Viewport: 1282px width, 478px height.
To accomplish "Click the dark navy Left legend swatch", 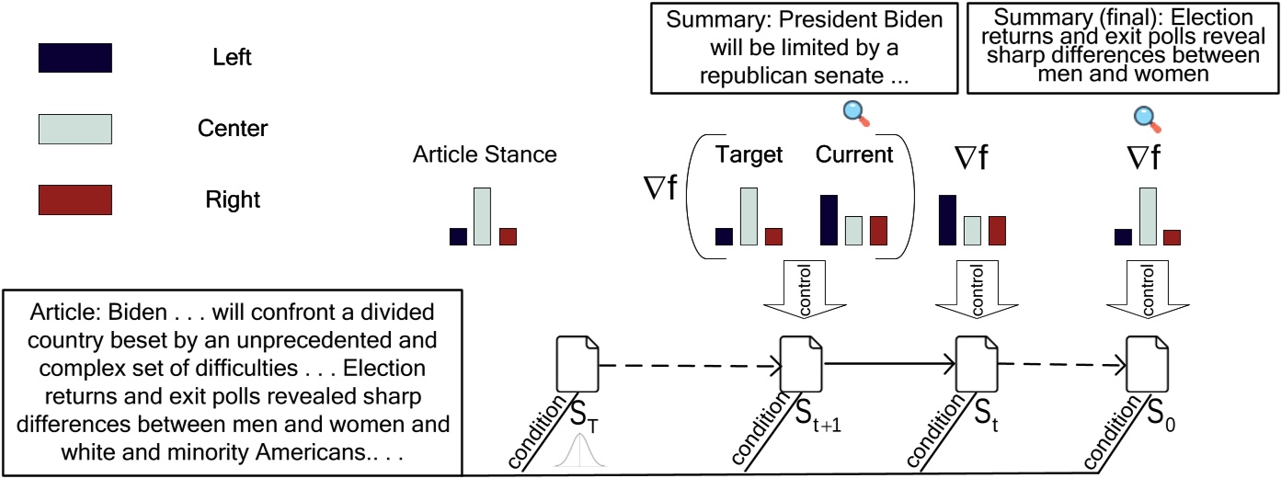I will (x=74, y=58).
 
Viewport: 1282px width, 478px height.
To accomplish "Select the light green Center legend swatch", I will (x=74, y=129).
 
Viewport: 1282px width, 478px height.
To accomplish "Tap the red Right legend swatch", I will (x=74, y=199).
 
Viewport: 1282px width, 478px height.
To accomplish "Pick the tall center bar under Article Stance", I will (x=483, y=217).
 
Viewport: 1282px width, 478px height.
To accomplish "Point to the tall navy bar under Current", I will (x=829, y=221).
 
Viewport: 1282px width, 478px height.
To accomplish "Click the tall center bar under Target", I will (x=749, y=217).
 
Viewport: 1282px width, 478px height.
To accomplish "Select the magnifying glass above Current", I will (x=856, y=112).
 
